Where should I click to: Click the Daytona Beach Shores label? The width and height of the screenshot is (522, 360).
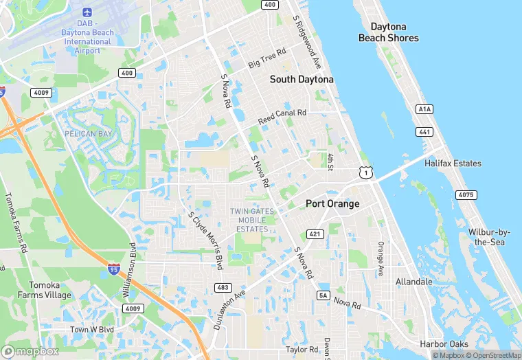[388, 32]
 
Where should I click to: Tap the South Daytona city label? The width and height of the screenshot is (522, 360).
[302, 80]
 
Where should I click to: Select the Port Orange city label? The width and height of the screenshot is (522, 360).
[332, 204]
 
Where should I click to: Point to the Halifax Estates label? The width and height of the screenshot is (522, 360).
[453, 164]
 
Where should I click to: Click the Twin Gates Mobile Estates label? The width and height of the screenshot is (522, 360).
[252, 220]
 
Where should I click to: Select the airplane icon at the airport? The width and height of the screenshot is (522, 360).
[87, 12]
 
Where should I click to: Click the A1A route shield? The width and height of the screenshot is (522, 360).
[424, 109]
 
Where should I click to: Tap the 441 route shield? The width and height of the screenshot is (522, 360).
[424, 131]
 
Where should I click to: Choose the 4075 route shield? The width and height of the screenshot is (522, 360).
[466, 195]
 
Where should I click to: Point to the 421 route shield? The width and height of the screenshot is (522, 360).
[315, 234]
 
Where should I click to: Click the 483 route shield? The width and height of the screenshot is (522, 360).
[223, 287]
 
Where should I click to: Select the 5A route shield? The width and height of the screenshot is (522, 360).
[324, 295]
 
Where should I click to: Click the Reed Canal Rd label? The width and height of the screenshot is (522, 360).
[282, 117]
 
